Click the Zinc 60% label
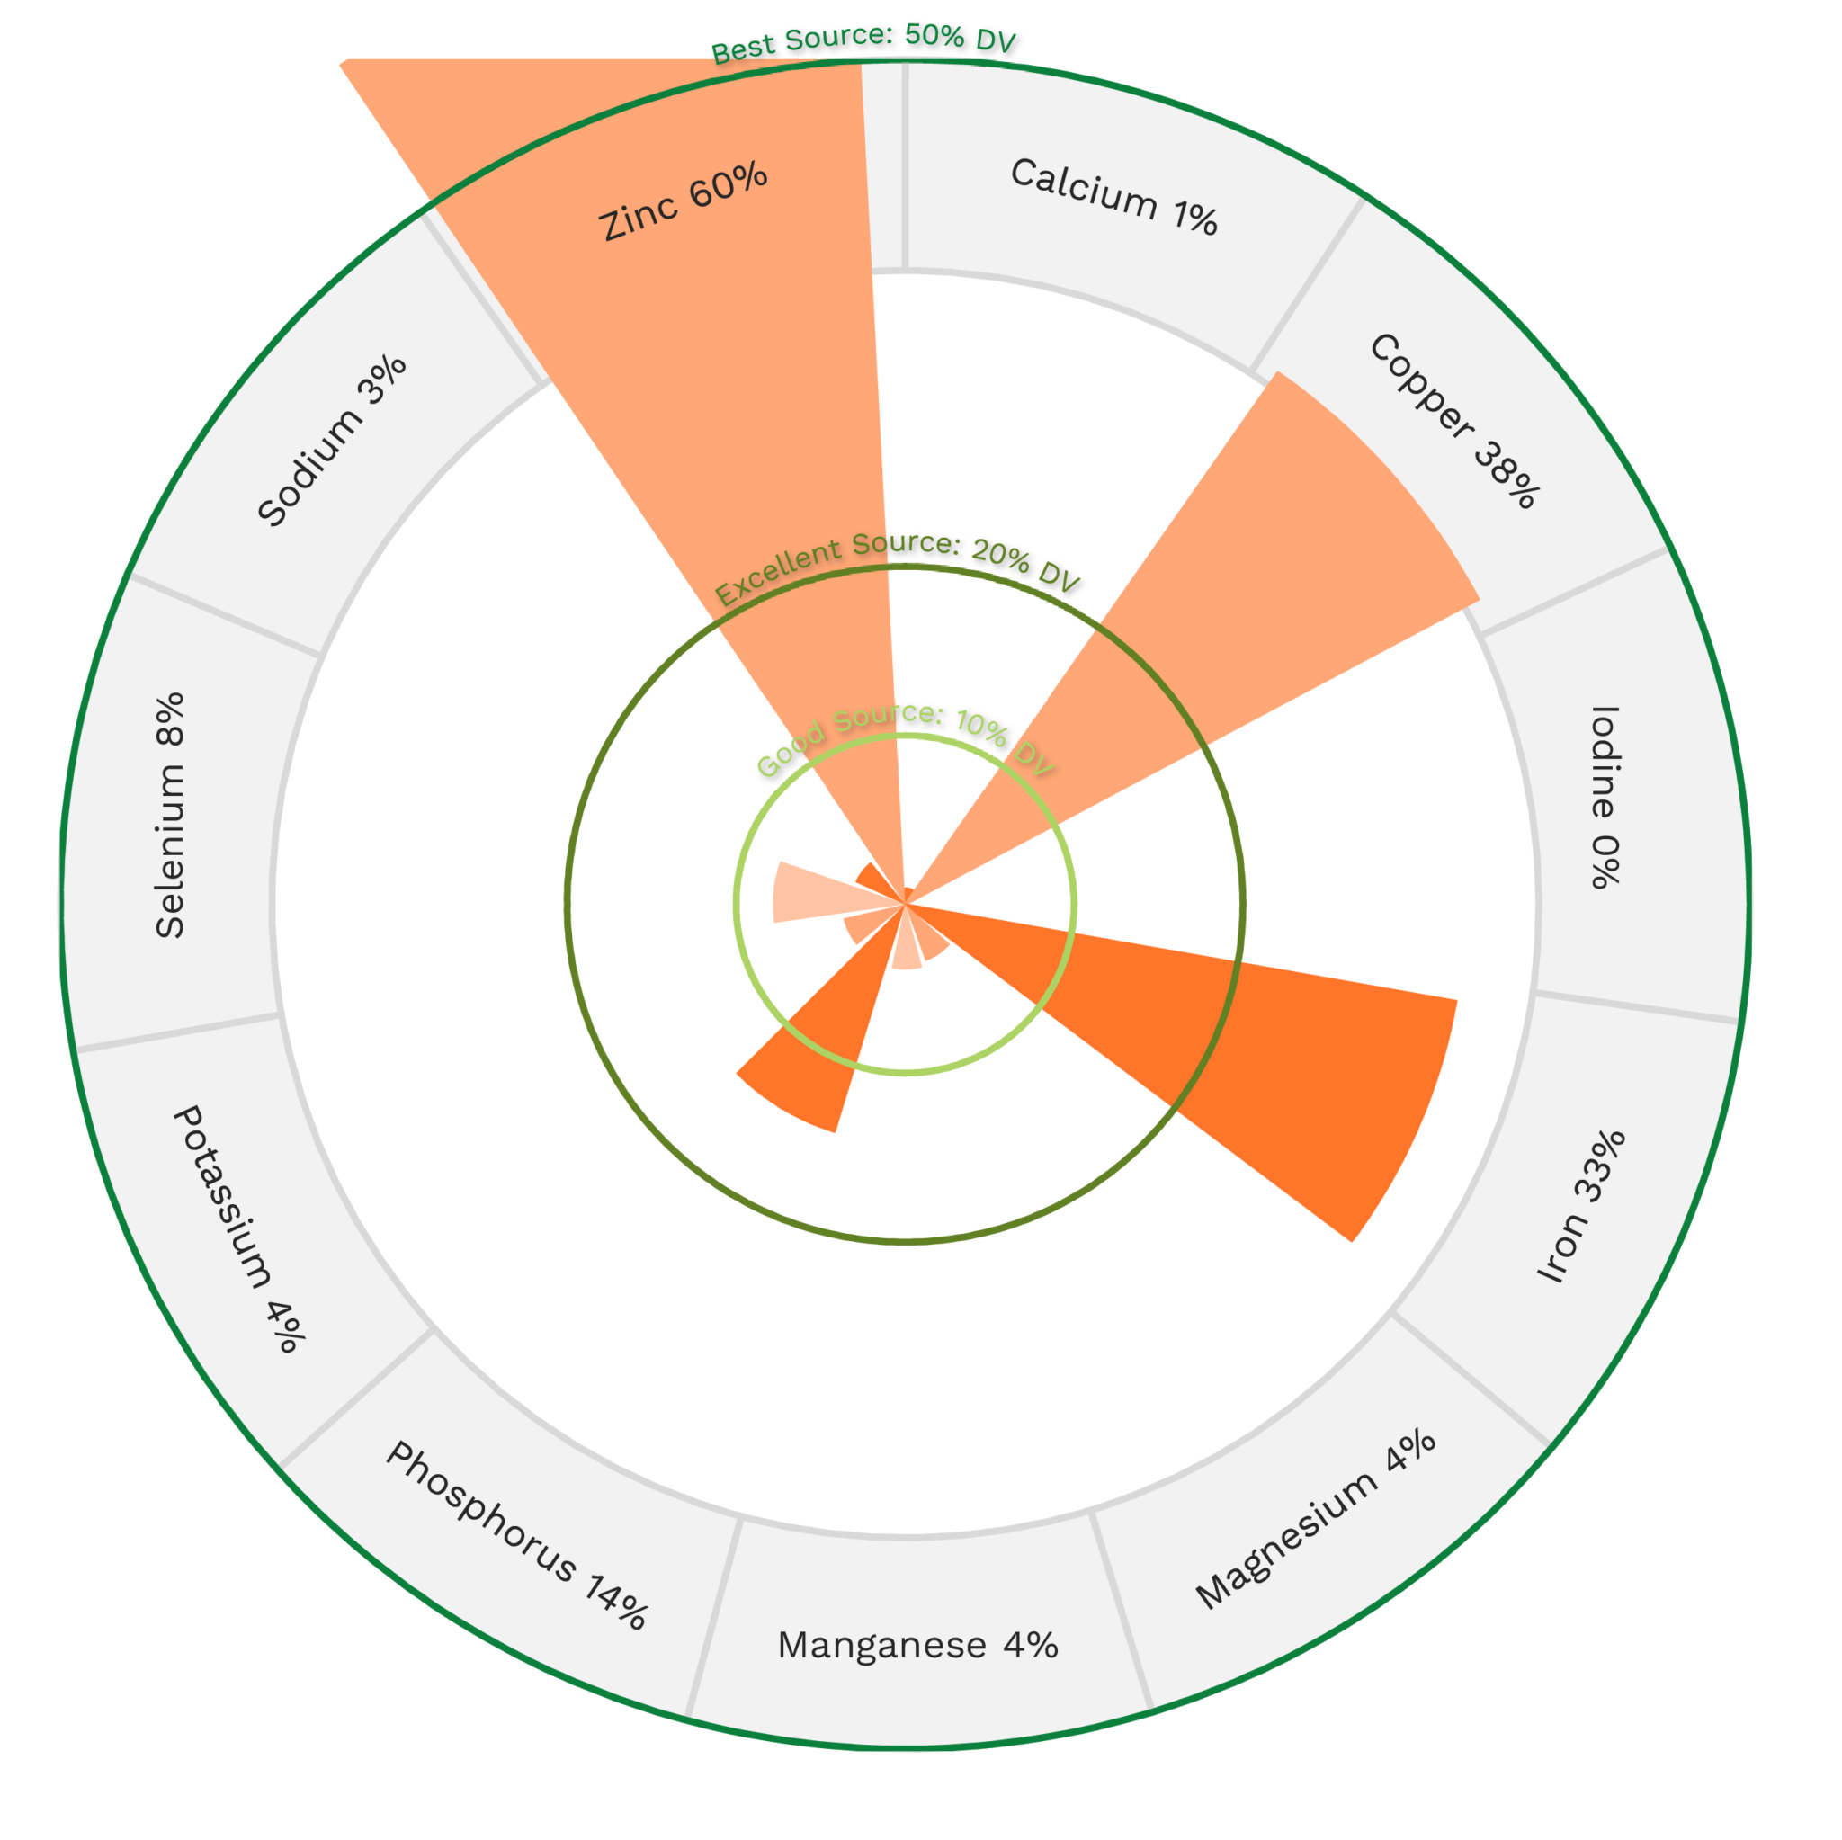(683, 201)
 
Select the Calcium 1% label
(1113, 195)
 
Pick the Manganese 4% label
(917, 1645)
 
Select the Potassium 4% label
(239, 1228)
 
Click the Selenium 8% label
(170, 815)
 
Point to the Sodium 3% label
(332, 441)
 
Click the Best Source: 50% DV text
(863, 42)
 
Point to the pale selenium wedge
(806, 891)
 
